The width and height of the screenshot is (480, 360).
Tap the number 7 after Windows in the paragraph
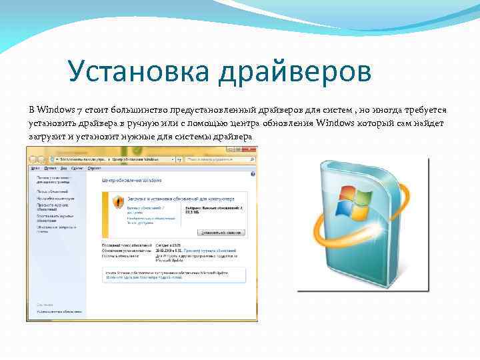[80, 109]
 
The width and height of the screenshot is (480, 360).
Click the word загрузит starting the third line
[46, 137]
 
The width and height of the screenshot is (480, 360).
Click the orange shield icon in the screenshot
[118, 201]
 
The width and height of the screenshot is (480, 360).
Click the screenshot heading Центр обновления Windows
[132, 181]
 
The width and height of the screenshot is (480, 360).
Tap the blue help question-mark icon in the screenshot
[252, 173]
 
